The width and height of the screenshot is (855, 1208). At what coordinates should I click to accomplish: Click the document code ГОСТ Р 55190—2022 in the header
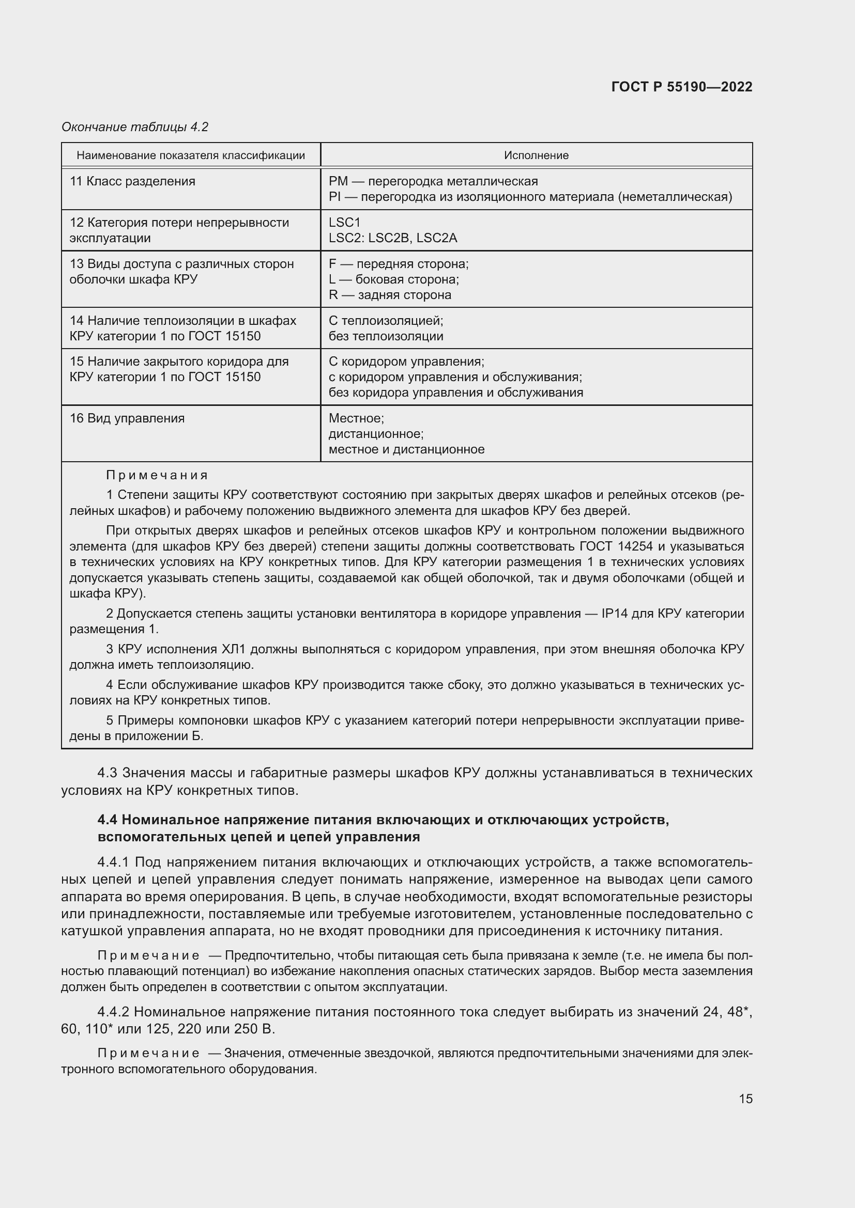681,87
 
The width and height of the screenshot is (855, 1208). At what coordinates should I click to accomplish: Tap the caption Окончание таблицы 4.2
135,127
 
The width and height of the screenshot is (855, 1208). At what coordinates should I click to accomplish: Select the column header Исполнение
536,155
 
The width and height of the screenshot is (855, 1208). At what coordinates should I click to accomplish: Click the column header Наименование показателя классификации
191,155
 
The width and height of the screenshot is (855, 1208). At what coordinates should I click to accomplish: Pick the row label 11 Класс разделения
132,181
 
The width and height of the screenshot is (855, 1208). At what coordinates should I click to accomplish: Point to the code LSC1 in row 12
344,223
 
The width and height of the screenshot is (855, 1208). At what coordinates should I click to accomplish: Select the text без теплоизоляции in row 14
386,336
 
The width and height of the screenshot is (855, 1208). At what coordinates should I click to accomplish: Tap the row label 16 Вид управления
127,418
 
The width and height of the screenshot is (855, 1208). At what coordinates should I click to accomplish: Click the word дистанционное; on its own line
376,434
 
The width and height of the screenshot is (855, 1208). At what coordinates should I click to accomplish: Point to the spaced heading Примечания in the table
157,475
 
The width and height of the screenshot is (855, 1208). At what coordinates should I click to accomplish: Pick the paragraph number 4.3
108,773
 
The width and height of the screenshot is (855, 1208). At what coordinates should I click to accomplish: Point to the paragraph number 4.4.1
113,862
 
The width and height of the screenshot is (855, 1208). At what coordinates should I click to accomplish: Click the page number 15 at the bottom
745,1099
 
